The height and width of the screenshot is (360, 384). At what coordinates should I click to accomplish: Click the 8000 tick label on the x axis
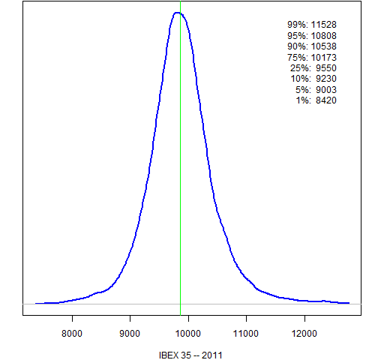tap(72, 334)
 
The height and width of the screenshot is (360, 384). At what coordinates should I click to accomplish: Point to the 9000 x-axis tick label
tap(130, 334)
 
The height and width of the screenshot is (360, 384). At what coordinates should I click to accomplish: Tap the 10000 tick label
tap(188, 334)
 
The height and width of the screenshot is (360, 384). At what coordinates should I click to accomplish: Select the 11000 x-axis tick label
tap(246, 334)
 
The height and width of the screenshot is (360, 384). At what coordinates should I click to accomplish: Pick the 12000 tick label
tap(304, 334)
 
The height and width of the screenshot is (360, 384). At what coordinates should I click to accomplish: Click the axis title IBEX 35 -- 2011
tap(190, 355)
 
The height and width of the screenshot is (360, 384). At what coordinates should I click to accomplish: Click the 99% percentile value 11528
tap(324, 25)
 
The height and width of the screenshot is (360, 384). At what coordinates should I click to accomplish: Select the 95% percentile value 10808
tap(324, 36)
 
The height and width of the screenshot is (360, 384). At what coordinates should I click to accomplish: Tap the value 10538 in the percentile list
tap(324, 46)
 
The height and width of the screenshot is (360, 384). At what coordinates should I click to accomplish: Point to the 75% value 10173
tap(324, 58)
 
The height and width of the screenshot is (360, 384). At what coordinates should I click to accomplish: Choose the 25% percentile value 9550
tap(326, 68)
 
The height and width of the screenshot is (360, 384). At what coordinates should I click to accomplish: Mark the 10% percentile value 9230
tap(326, 79)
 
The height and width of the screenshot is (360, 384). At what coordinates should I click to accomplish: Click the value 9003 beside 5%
tap(326, 90)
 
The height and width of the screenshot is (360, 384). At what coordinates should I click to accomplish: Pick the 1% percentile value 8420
tap(326, 100)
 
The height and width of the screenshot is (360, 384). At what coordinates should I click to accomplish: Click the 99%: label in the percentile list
tap(298, 25)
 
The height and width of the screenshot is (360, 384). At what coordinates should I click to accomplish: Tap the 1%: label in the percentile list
tap(303, 100)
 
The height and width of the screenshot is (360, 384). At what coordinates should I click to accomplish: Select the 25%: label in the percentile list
tap(301, 68)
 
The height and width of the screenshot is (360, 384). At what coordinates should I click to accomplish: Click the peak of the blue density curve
tap(177, 13)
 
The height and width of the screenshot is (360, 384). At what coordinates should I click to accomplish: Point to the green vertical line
tap(180, 158)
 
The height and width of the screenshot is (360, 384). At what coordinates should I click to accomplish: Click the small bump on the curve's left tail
tap(99, 292)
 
